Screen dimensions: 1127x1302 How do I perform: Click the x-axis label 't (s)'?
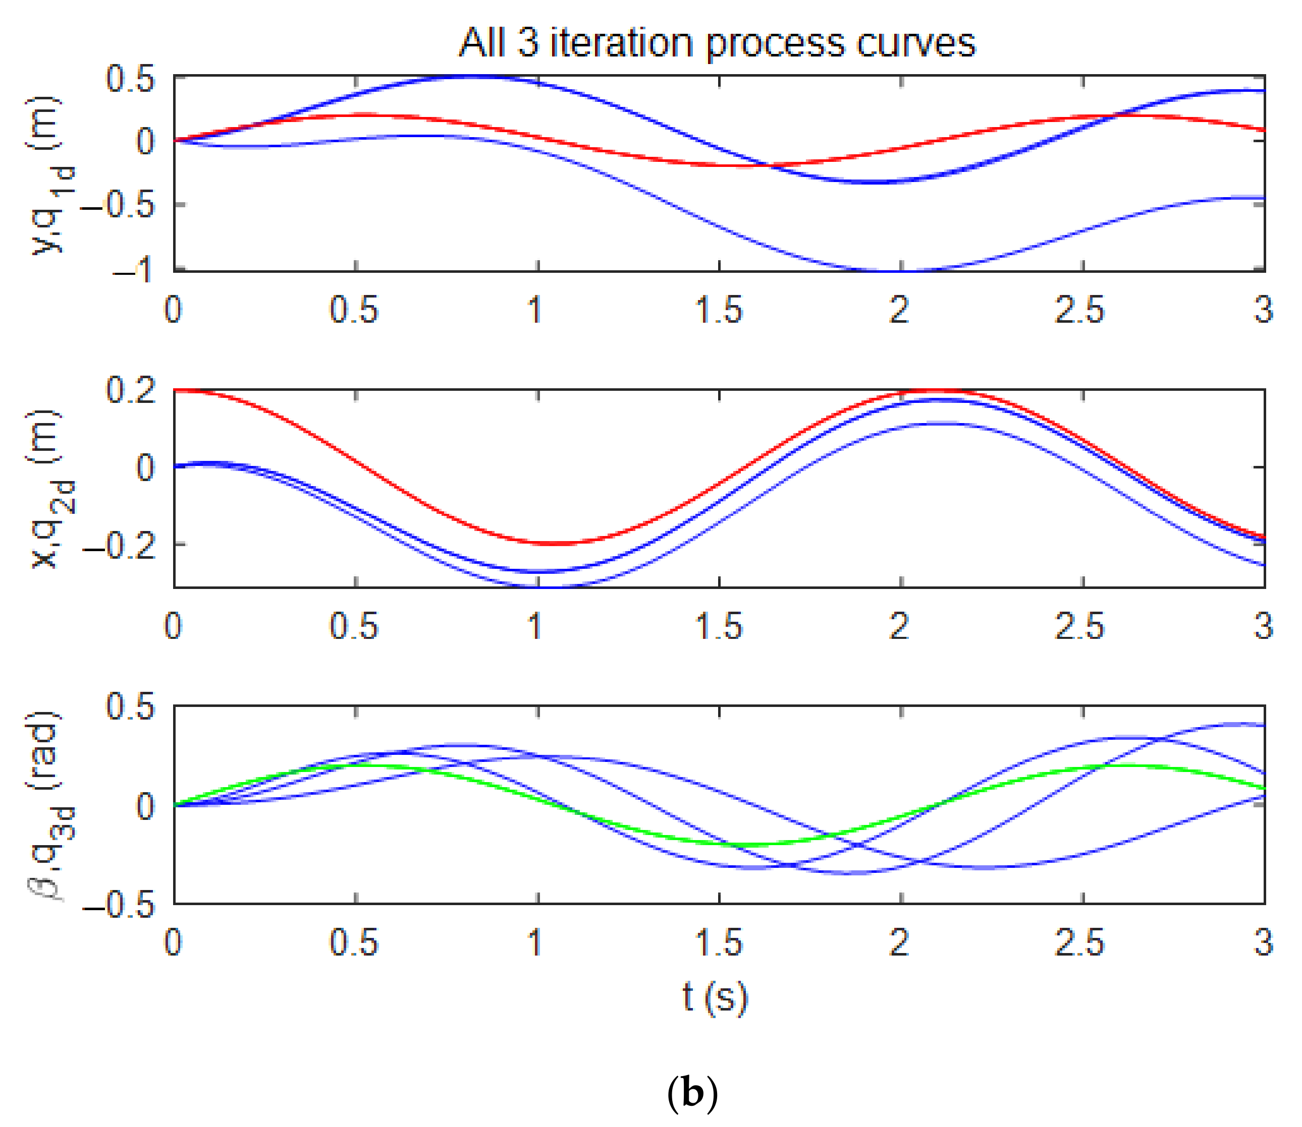point(716,997)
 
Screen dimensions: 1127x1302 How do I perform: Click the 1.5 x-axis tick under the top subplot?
point(719,310)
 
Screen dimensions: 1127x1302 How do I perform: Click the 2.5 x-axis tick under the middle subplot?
point(1079,626)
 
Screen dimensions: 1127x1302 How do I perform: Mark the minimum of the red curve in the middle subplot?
point(554,544)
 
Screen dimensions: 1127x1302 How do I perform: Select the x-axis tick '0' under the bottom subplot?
point(173,943)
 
